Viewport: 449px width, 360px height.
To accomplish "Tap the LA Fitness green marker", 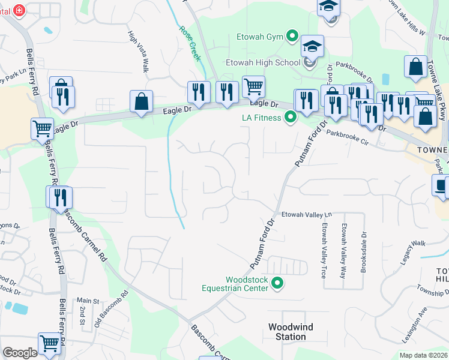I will [291, 118].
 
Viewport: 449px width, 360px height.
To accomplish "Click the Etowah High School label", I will [263, 62].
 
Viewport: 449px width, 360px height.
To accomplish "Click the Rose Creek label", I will [188, 37].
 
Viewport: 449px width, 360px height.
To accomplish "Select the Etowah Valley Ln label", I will [307, 214].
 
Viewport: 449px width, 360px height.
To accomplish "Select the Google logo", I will [20, 353].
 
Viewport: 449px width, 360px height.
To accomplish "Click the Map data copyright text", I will [423, 355].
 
